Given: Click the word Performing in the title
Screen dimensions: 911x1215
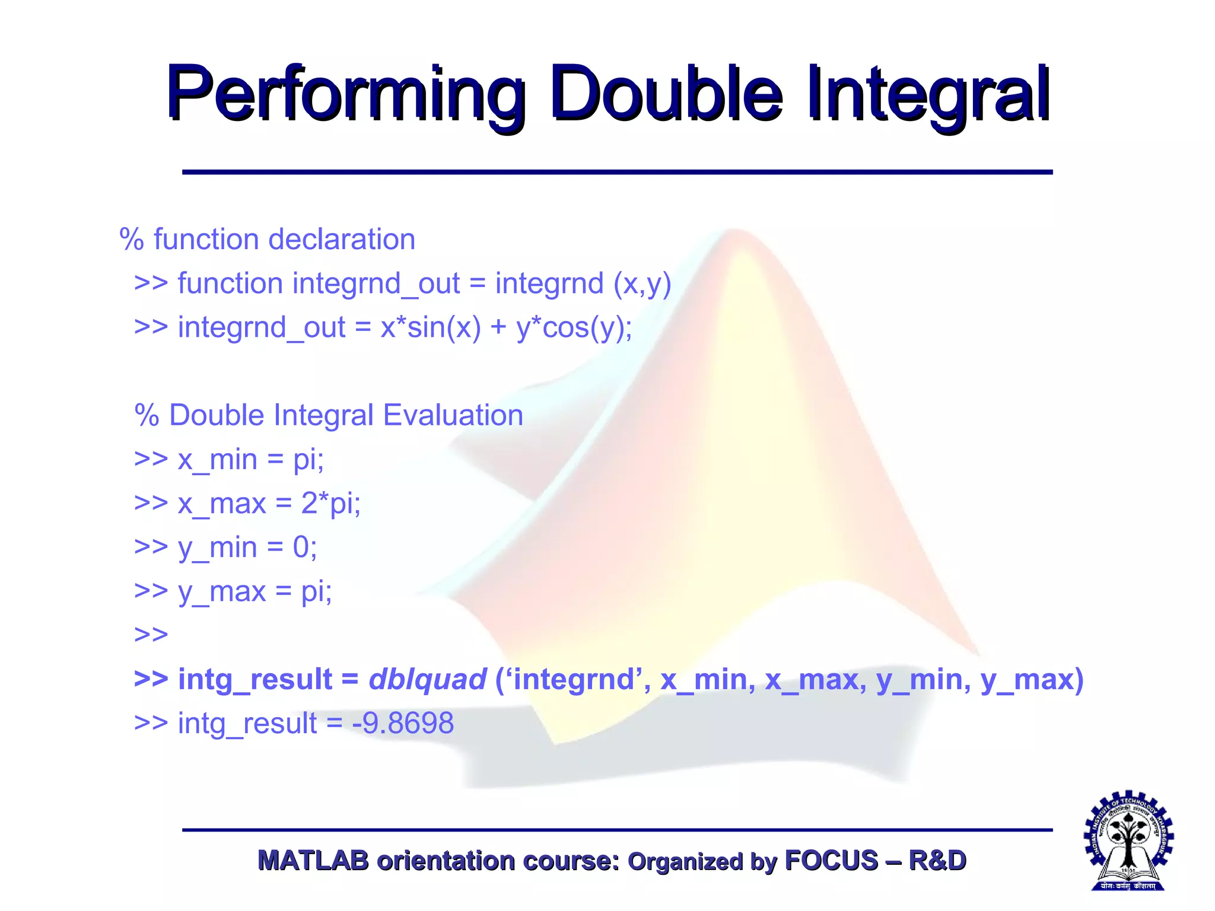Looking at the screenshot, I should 344,95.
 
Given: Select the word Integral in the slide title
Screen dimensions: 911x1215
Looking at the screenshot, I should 928,95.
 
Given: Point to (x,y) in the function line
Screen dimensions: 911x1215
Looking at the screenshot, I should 642,284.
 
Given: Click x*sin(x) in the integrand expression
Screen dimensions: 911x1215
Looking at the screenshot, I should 431,327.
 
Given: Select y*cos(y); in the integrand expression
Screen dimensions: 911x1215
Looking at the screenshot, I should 574,327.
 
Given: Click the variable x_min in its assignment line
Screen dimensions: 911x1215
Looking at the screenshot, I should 217,460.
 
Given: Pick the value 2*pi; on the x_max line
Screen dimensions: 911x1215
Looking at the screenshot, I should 330,504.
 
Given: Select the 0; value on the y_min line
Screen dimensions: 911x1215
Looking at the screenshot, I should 305,547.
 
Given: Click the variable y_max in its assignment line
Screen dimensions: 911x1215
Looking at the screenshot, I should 222,592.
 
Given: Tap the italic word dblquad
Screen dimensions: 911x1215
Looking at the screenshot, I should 427,680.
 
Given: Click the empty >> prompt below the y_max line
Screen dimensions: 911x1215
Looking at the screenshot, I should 151,635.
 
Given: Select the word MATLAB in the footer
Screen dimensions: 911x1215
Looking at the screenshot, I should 313,861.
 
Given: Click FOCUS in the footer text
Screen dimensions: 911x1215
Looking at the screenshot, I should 831,861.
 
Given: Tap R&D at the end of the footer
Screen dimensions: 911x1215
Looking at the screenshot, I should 937,861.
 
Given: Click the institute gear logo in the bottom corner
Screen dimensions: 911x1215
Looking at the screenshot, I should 1128,841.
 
